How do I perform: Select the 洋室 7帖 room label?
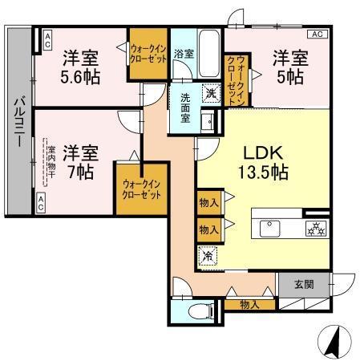pyautogui.click(x=81, y=160)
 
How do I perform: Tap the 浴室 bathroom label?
pyautogui.click(x=184, y=54)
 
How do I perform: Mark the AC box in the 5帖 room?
pyautogui.click(x=317, y=34)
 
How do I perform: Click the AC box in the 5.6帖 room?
pyautogui.click(x=47, y=37)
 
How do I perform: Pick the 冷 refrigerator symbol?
pyautogui.click(x=207, y=258)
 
